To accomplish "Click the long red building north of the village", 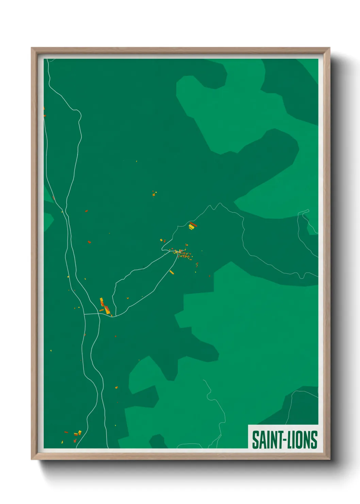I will tap(193, 224).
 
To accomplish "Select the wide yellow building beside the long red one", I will tap(191, 227).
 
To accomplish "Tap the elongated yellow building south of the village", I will tap(171, 272).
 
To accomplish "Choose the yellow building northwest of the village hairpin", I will tap(161, 240).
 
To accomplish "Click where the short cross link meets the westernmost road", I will tap(84, 314).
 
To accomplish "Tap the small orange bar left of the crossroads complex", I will tap(101, 310).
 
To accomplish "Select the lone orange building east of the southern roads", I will tap(116, 388).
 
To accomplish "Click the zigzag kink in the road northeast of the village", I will tap(215, 206).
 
